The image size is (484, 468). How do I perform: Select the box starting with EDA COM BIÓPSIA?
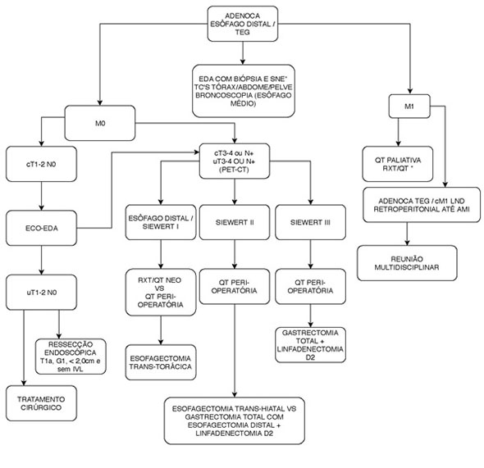tap(243, 89)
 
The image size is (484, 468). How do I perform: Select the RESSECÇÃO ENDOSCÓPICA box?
tap(71, 357)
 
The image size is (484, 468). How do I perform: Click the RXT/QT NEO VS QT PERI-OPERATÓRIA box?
tap(160, 289)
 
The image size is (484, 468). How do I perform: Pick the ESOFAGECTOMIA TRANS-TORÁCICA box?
tap(160, 360)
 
